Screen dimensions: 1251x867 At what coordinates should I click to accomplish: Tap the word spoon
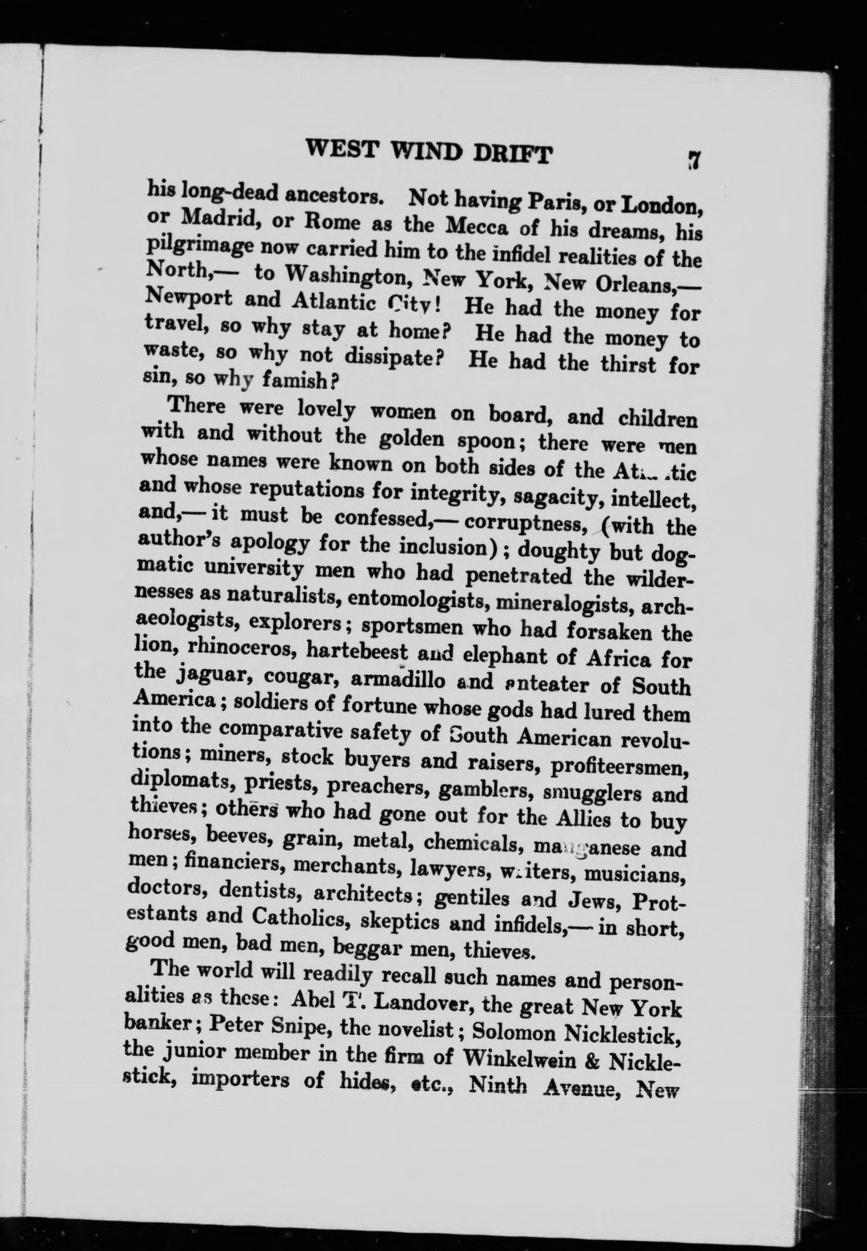(x=486, y=441)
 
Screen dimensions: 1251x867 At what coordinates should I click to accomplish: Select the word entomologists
(x=418, y=599)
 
